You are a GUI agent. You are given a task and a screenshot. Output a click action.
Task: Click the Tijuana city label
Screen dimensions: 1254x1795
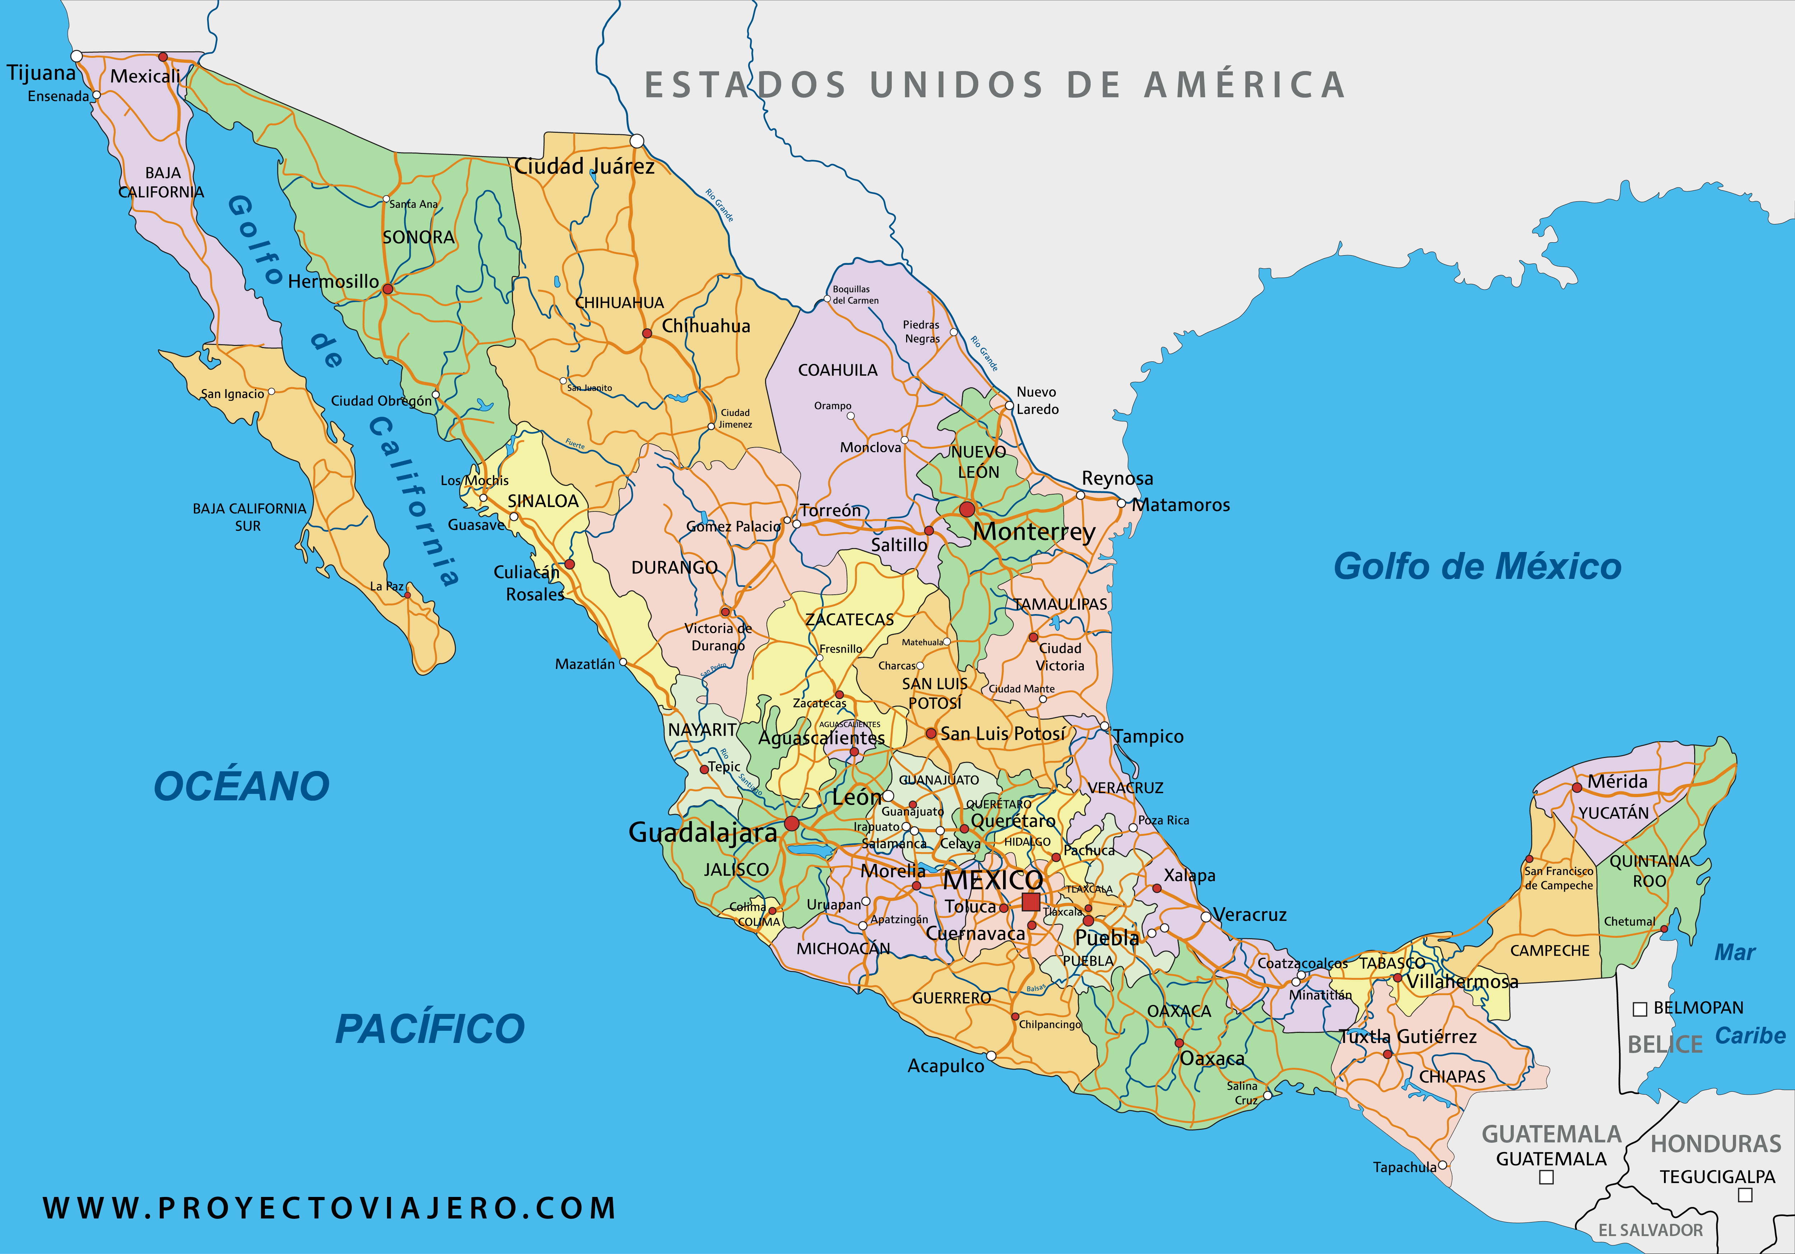click(x=41, y=74)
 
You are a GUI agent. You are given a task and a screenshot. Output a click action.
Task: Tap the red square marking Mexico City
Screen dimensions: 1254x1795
click(x=1030, y=902)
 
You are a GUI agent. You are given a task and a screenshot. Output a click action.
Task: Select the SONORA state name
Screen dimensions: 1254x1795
click(x=418, y=237)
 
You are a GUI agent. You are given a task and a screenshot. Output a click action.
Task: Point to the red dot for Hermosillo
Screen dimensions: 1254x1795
click(x=388, y=289)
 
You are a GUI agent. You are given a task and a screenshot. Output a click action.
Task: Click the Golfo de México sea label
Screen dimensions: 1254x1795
click(x=1477, y=567)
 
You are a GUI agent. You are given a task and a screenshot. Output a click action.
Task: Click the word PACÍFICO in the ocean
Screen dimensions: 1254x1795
click(x=430, y=1029)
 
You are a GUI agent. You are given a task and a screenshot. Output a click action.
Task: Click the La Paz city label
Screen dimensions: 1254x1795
click(x=386, y=586)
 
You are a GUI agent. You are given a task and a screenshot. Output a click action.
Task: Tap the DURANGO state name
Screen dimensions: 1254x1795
click(x=674, y=567)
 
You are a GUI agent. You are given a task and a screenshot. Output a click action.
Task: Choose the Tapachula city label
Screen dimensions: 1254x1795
click(x=1404, y=1167)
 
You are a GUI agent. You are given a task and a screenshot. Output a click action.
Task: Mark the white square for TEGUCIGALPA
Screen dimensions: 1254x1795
click(x=1745, y=1194)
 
